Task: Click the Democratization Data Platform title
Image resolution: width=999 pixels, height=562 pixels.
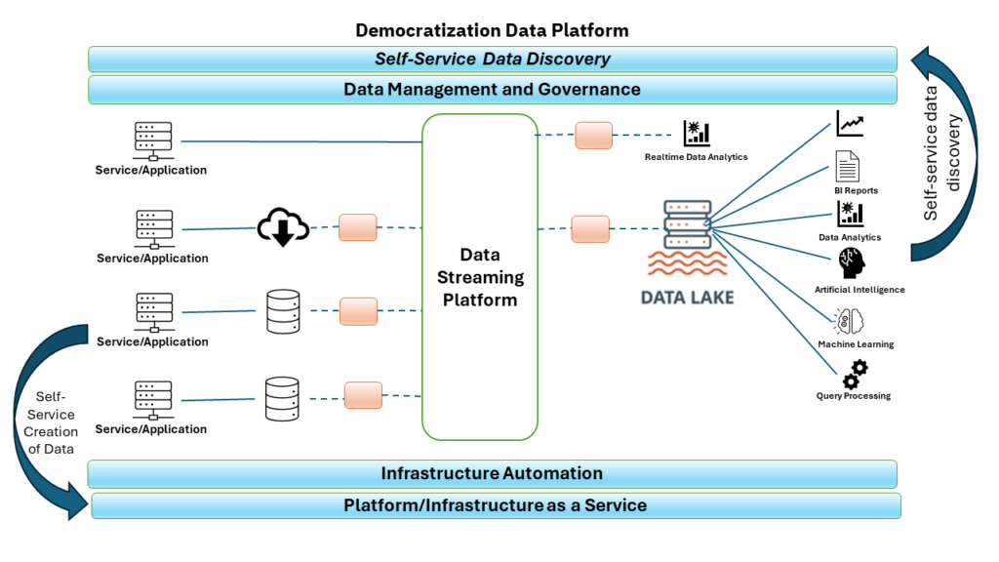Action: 492,30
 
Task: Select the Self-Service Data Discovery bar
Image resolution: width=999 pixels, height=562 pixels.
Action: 492,59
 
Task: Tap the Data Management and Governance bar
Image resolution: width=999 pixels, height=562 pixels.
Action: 492,90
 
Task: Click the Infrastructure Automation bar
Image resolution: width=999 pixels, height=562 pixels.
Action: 492,474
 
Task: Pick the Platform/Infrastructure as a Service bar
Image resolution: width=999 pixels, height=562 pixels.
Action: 496,505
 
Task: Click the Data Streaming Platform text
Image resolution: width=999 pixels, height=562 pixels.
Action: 480,277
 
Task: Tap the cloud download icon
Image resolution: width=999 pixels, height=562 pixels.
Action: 283,227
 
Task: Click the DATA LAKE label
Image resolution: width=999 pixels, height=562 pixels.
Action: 688,296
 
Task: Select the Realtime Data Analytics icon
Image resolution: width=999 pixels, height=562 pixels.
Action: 697,134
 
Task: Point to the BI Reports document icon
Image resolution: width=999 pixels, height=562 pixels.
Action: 846,167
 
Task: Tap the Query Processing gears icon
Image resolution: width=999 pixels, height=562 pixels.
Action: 855,373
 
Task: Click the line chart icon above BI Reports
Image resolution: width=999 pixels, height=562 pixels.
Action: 850,124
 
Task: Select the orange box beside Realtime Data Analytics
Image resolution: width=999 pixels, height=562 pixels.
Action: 593,136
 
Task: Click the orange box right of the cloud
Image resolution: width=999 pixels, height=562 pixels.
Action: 357,227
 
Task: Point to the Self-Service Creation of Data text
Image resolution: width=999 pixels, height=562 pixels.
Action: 50,423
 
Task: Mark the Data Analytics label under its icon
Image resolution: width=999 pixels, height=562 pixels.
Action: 850,237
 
